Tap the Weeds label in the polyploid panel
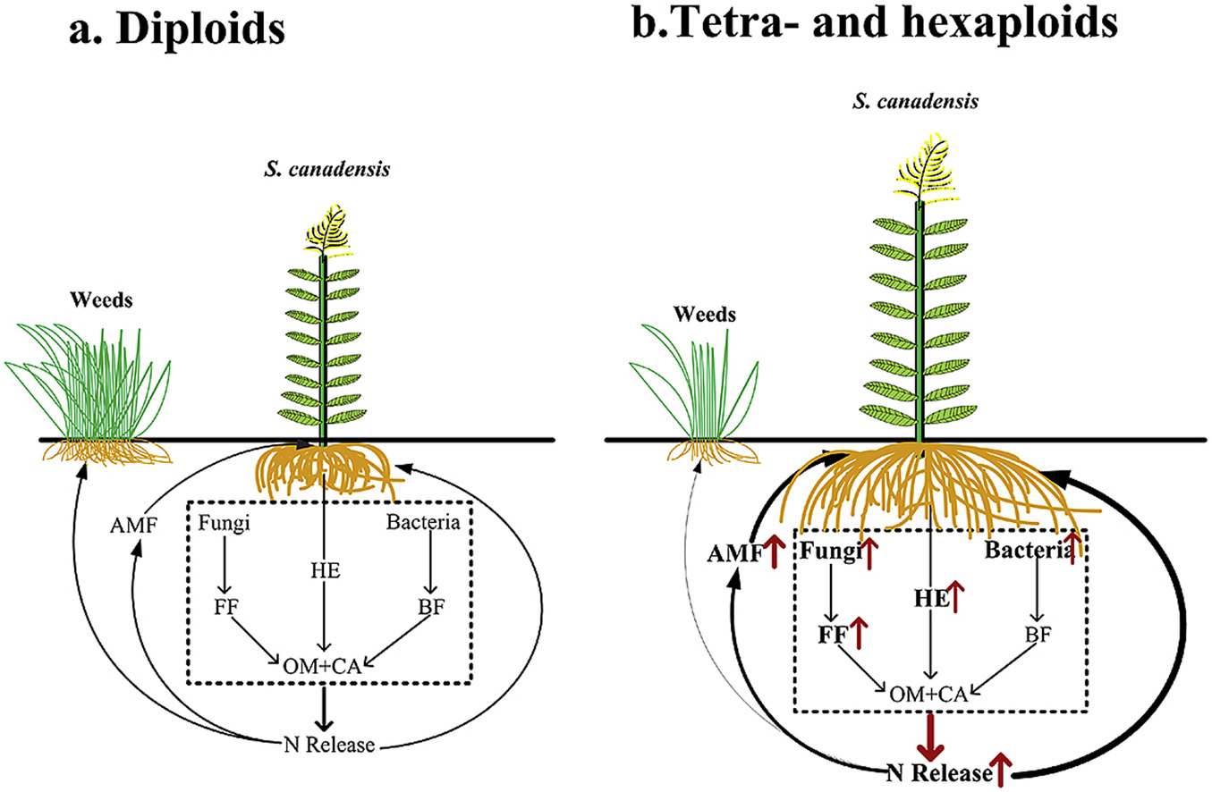pos(706,315)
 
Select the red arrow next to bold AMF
pos(776,554)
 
